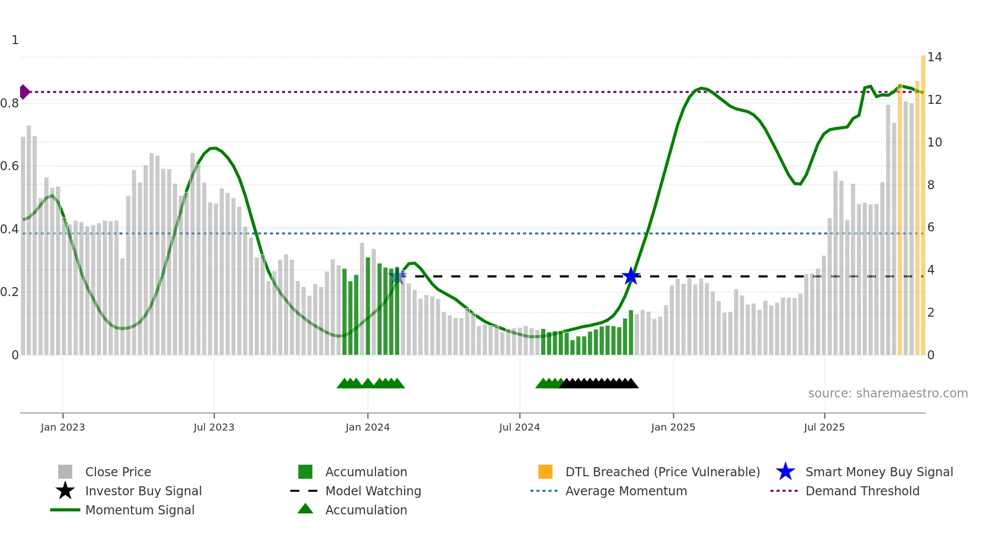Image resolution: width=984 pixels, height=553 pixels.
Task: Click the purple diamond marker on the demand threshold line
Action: point(24,92)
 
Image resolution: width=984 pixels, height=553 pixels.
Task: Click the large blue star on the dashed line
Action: point(631,276)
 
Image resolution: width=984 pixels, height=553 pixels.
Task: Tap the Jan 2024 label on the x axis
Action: point(367,427)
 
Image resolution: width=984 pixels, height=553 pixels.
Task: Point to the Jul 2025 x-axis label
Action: point(824,427)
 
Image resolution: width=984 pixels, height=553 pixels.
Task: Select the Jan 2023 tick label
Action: point(63,427)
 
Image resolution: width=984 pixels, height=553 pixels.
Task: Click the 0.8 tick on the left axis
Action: point(10,103)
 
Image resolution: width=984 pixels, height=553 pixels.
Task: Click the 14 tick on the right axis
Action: point(934,57)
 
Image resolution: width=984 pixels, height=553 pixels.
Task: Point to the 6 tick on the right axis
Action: point(931,227)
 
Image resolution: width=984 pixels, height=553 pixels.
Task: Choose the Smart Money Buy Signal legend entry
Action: point(879,472)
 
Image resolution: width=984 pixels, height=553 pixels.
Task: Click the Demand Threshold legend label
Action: point(862,491)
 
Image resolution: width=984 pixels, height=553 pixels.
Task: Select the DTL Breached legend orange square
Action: point(545,472)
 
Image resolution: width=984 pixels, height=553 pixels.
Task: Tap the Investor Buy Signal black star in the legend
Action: point(65,491)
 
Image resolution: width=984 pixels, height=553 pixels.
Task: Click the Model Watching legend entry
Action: point(373,491)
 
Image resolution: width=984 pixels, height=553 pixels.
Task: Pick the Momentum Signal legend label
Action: point(140,510)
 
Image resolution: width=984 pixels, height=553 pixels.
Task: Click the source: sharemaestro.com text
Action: point(888,393)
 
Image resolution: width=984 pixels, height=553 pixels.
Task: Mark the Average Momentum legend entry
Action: point(626,491)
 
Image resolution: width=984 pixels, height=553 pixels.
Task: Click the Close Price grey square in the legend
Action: point(65,472)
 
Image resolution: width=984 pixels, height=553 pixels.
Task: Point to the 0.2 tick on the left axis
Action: point(10,292)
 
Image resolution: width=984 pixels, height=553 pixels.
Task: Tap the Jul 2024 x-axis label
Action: point(519,427)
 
